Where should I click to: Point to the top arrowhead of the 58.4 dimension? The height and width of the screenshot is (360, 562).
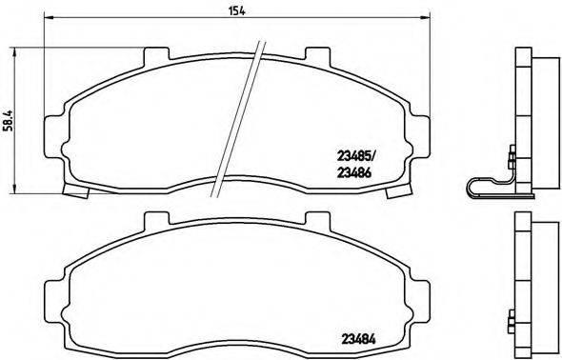coord(21,48)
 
